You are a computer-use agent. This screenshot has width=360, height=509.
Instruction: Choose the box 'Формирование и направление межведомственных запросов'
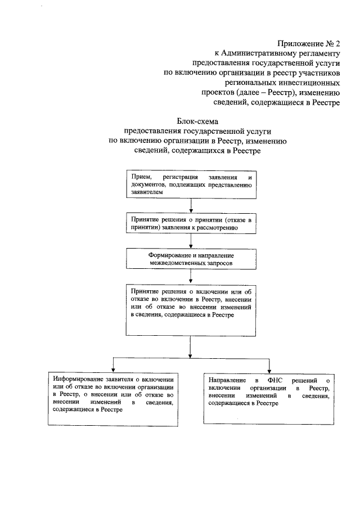pos(191,258)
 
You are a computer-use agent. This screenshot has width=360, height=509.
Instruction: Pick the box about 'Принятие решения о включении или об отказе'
pos(191,309)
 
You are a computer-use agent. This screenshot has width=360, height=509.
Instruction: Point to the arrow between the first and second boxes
pos(191,206)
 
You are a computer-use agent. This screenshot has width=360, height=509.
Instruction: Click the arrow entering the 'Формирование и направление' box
pos(191,242)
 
